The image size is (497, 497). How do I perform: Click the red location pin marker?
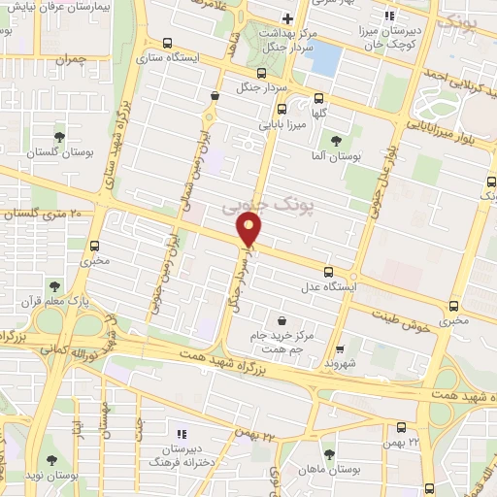pyautogui.click(x=249, y=229)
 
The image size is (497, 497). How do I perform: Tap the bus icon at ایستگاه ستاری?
pyautogui.click(x=168, y=43)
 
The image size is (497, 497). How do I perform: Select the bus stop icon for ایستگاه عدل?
pyautogui.click(x=328, y=272)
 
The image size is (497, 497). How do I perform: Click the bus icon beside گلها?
pyautogui.click(x=319, y=97)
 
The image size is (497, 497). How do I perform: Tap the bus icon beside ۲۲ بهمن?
pyautogui.click(x=402, y=427)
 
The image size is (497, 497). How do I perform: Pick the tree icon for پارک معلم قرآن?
pyautogui.click(x=51, y=285)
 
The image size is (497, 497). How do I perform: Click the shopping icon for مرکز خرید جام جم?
pyautogui.click(x=282, y=320)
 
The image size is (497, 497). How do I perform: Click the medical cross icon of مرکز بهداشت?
pyautogui.click(x=287, y=18)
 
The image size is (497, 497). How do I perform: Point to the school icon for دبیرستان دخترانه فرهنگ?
pyautogui.click(x=180, y=434)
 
